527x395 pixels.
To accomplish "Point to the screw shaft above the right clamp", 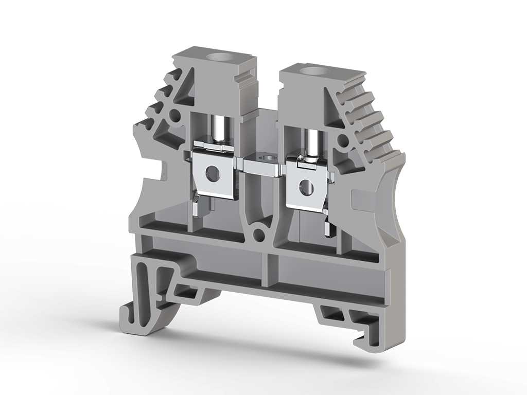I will coord(312,143).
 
